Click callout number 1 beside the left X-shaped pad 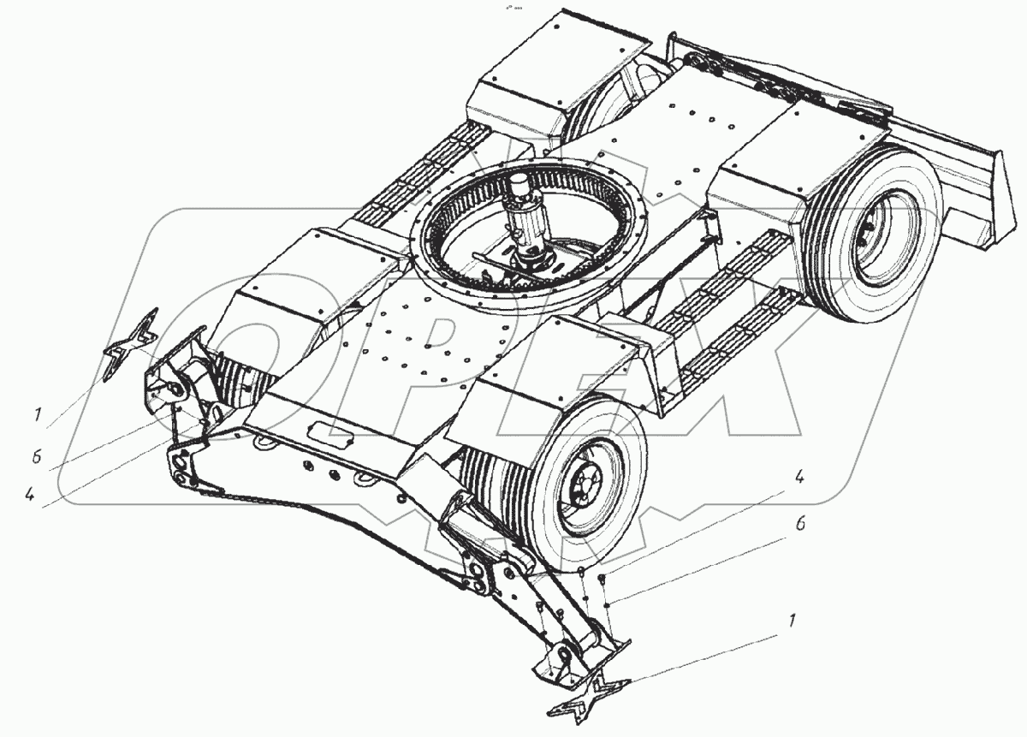(x=38, y=414)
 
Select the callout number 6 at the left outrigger (x=37, y=456)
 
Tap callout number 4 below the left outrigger (x=31, y=496)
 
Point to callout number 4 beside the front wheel (x=798, y=478)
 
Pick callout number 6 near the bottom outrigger (x=800, y=523)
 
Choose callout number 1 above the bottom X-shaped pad (x=791, y=621)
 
